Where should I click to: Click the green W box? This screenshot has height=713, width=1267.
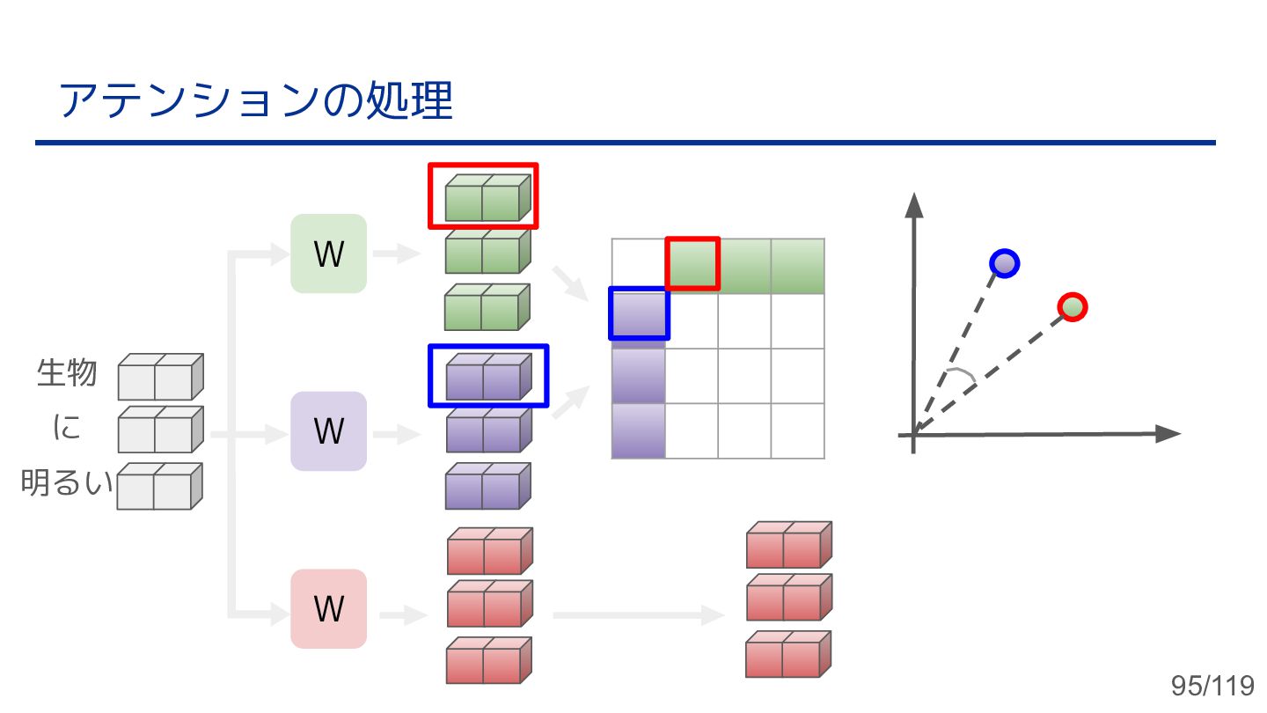tap(328, 254)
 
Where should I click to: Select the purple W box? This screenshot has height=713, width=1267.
tap(328, 431)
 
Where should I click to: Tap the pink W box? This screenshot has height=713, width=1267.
tap(328, 608)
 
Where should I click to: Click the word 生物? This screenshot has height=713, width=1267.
tap(67, 372)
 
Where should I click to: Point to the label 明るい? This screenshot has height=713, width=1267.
tap(67, 483)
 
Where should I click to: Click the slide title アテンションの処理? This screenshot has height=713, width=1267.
tap(255, 101)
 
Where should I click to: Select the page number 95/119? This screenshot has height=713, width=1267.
tap(1212, 685)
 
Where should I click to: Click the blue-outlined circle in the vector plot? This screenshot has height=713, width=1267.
tap(1004, 262)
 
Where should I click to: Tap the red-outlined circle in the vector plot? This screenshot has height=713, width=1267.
tap(1073, 306)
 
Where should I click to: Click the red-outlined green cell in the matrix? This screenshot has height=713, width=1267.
tap(692, 263)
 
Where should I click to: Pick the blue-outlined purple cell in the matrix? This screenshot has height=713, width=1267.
tap(639, 313)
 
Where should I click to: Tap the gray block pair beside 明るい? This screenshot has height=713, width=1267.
tap(159, 486)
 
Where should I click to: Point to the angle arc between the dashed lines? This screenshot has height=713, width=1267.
tap(962, 376)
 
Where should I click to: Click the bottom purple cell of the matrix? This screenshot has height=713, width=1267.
tap(639, 430)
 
